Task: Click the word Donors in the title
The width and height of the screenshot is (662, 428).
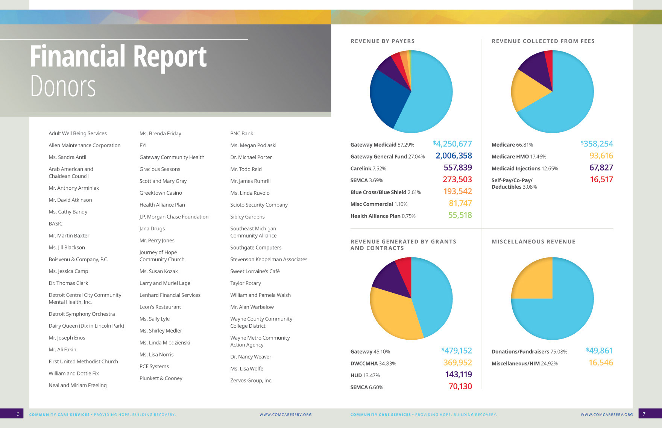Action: click(63, 86)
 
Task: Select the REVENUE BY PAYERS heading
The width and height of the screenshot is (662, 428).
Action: click(383, 41)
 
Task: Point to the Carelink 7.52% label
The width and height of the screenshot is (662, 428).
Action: click(368, 168)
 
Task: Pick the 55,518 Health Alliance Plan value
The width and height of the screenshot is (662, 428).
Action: click(460, 215)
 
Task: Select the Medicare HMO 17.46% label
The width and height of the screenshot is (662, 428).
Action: click(519, 157)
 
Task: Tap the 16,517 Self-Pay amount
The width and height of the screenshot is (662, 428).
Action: click(601, 180)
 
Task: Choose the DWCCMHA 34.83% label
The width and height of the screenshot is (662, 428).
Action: click(373, 363)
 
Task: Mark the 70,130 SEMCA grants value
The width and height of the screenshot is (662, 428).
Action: click(460, 386)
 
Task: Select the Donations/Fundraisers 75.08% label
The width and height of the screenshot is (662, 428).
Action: click(529, 352)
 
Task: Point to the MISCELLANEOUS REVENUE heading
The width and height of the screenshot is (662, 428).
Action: click(533, 242)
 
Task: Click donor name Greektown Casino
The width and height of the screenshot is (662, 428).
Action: click(161, 193)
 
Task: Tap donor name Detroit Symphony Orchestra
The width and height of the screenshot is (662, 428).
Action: click(82, 314)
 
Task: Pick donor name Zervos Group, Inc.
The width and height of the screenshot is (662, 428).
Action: click(251, 380)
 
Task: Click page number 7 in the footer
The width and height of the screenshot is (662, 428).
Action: click(644, 414)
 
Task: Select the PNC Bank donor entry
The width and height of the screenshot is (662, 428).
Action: click(241, 133)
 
